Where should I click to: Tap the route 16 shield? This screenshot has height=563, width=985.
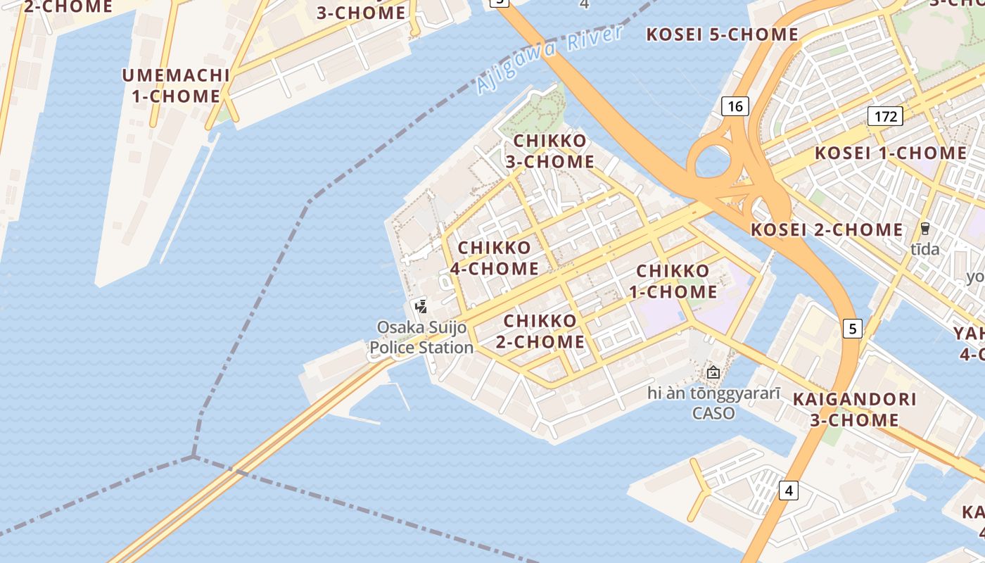(735, 106)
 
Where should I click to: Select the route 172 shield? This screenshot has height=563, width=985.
(885, 115)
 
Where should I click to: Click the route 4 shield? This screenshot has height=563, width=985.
(789, 490)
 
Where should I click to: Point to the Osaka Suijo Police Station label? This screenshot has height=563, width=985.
(422, 337)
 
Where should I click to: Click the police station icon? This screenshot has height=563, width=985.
(421, 306)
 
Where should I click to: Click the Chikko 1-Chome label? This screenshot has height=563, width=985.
(677, 281)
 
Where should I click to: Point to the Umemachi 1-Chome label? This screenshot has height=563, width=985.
(176, 86)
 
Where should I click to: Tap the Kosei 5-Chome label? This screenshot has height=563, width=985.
(722, 34)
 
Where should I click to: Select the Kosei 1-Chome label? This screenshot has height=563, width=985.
(891, 153)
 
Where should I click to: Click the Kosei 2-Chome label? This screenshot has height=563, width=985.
(827, 229)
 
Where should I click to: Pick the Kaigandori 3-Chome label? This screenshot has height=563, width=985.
(854, 410)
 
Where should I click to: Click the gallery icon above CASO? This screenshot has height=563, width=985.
(713, 372)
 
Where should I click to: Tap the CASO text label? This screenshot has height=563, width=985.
(713, 413)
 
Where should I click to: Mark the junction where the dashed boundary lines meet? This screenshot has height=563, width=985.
(193, 456)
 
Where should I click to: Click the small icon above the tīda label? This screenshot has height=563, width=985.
(924, 229)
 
